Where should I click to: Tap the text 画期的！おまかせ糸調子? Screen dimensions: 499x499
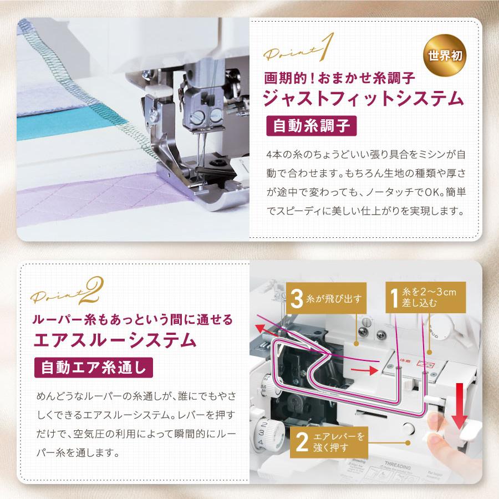pos(339,76)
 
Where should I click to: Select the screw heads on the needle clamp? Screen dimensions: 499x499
pos(206,116)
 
